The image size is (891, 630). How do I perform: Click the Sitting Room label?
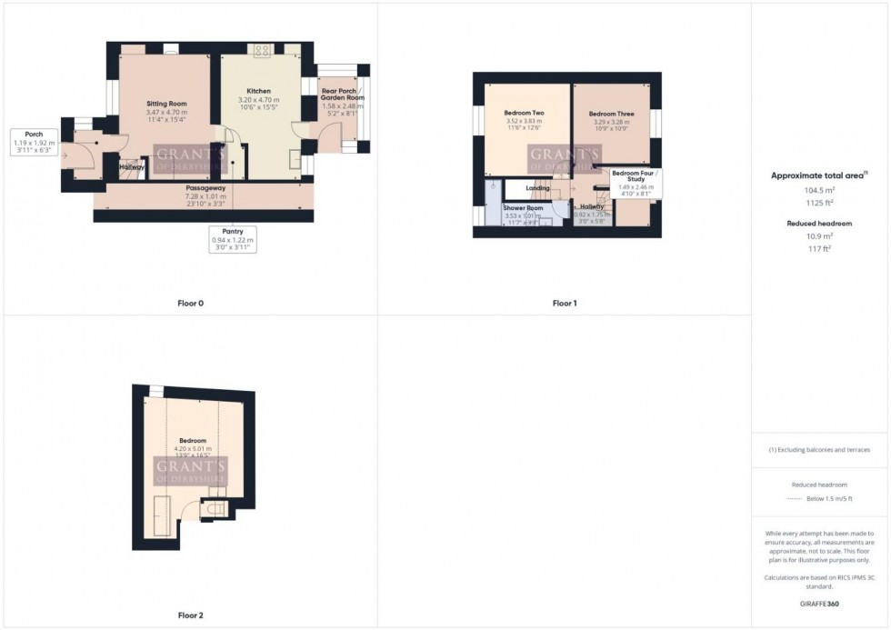[166, 105]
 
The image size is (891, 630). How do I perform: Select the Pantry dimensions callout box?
[234, 239]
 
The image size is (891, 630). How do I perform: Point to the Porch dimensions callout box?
[35, 143]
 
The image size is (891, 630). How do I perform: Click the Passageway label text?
[205, 188]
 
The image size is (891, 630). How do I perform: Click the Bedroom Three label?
[609, 114]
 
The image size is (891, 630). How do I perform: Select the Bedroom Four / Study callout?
[636, 182]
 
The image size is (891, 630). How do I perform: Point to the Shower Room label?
[523, 208]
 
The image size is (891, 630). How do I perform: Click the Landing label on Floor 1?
[537, 188]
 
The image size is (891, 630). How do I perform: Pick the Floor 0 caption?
[190, 303]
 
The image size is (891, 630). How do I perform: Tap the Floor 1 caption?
[564, 303]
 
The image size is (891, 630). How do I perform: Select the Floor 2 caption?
[190, 615]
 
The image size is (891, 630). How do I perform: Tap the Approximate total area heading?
[819, 175]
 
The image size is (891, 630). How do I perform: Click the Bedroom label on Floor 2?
[192, 440]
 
